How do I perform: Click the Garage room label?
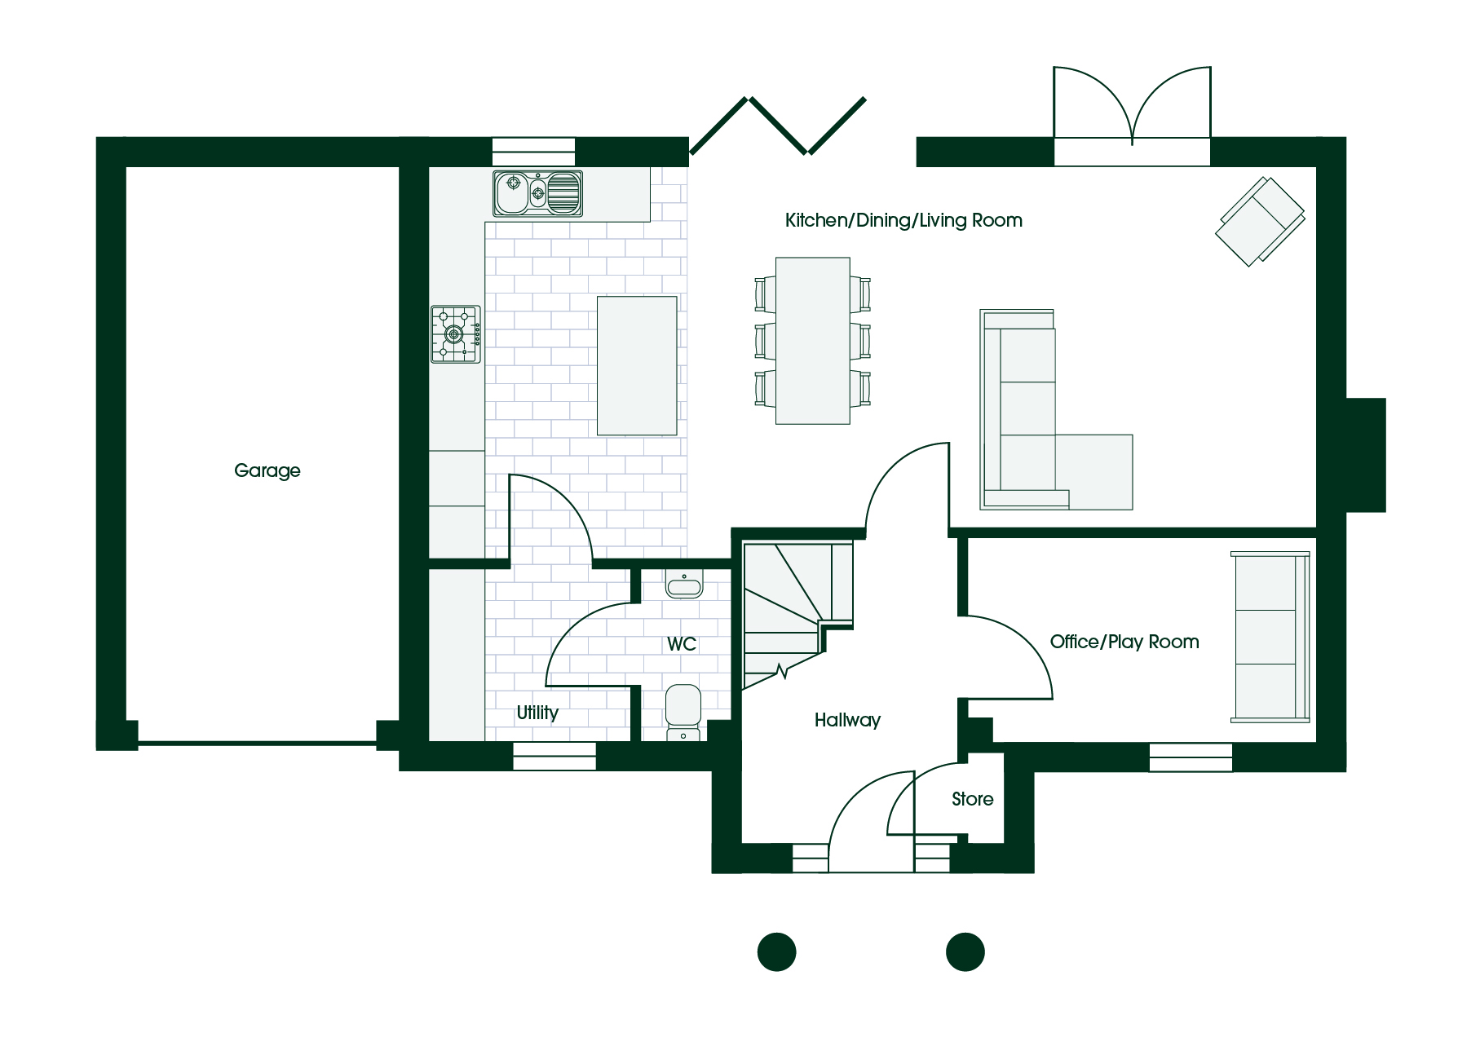[x=267, y=471]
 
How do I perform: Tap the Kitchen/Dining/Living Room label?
[x=903, y=220]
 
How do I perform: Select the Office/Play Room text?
[x=1124, y=642]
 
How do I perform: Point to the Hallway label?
[x=847, y=720]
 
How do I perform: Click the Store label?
[x=973, y=799]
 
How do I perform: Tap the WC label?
[x=682, y=644]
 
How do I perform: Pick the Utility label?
[x=537, y=713]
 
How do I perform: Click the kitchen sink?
[x=538, y=193]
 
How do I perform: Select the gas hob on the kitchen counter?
[x=456, y=333]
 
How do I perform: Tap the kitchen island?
[x=637, y=365]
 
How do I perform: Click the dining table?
[x=813, y=341]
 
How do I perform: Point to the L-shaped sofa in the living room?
[x=1056, y=409]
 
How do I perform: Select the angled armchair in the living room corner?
[x=1260, y=221]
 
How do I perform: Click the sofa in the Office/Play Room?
[x=1270, y=637]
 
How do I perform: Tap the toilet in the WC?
[x=683, y=712]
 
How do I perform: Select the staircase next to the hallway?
[x=797, y=614]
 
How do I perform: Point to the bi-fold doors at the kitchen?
[x=778, y=126]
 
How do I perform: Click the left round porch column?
[x=777, y=951]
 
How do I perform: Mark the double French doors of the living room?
[x=1132, y=116]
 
